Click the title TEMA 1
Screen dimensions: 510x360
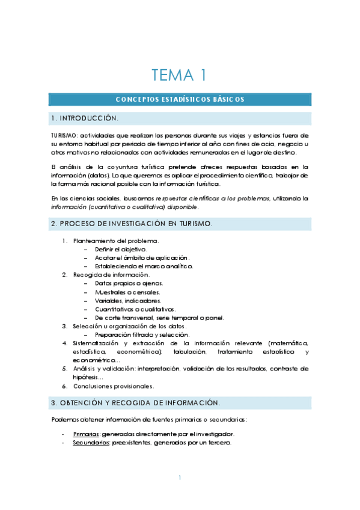(x=180, y=75)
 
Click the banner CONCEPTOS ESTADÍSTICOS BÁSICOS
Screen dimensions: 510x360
(x=180, y=99)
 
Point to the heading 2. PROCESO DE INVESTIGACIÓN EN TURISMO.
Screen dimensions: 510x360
(x=131, y=224)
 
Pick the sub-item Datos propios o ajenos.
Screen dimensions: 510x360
(x=129, y=283)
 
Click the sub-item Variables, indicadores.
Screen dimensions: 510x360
(x=128, y=300)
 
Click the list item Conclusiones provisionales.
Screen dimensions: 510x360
(x=113, y=386)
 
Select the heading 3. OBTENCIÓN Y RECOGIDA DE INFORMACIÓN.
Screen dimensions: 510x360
(x=135, y=402)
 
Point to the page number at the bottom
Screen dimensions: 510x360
(x=180, y=478)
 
